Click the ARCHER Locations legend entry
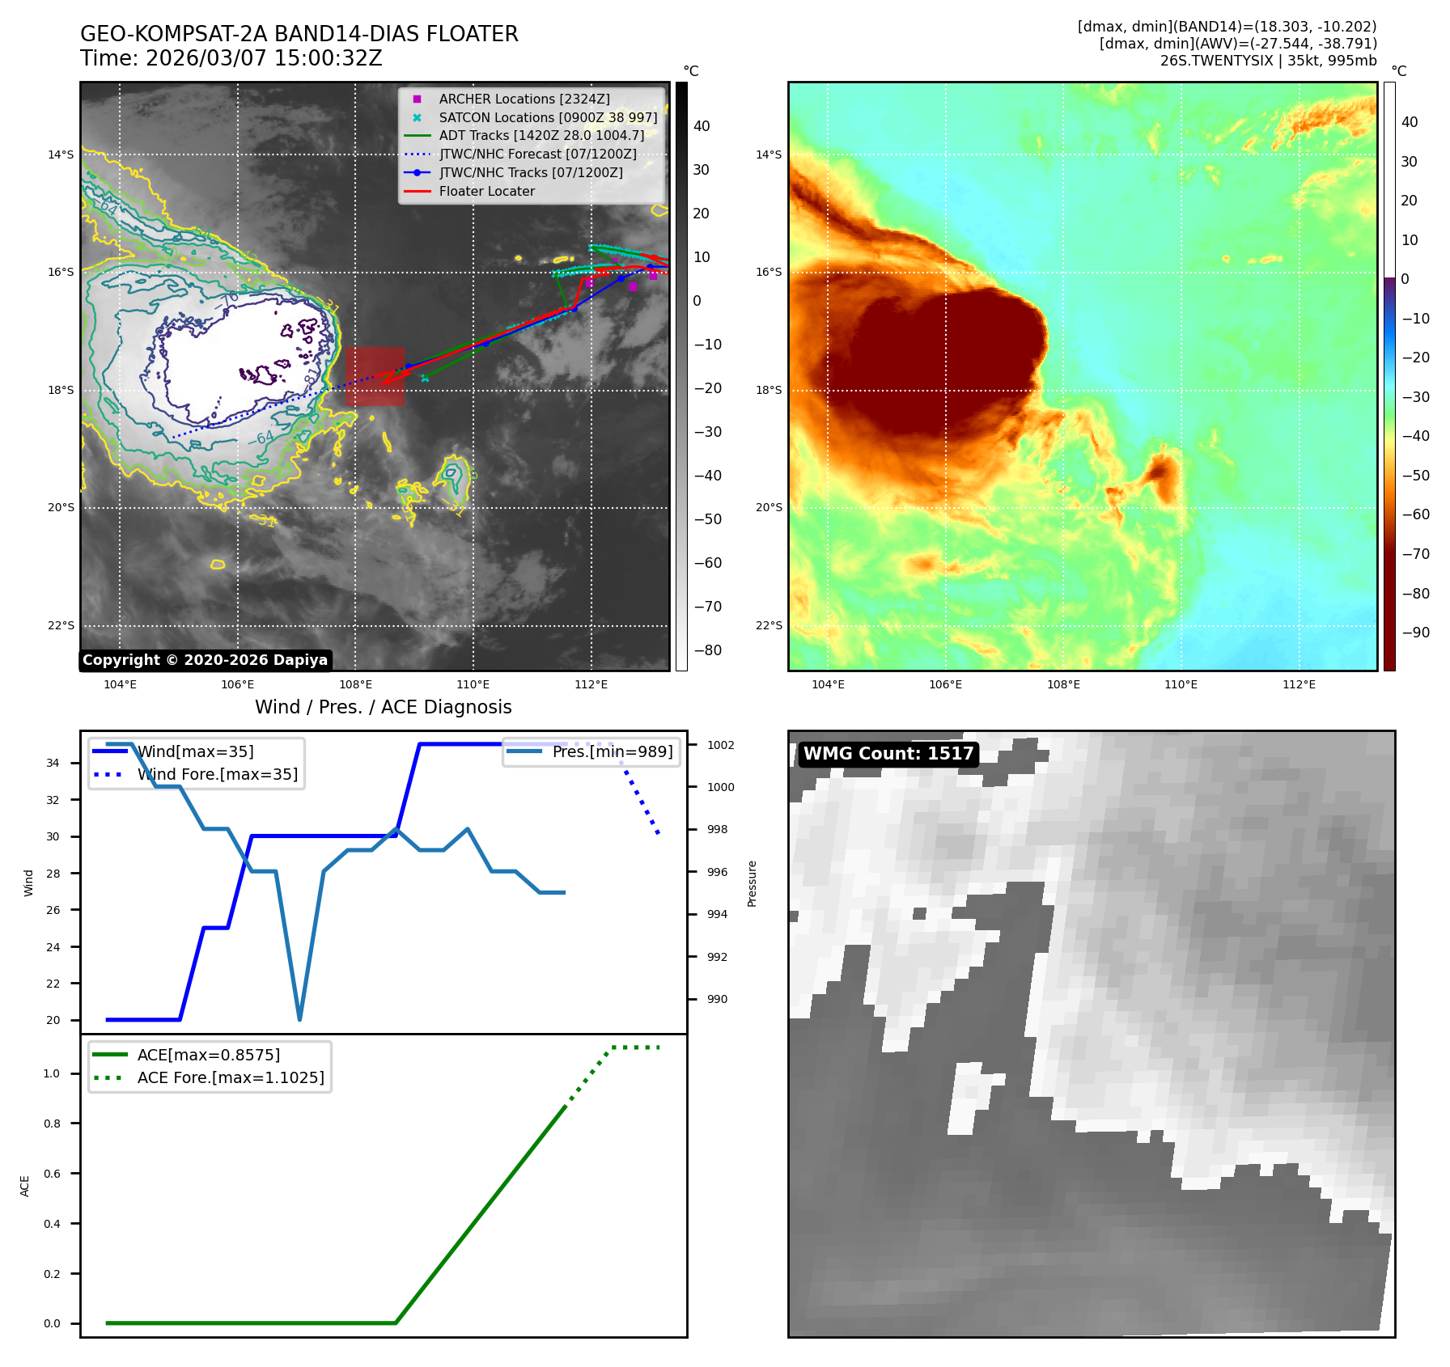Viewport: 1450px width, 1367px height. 524,99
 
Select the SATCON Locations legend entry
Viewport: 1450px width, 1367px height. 547,117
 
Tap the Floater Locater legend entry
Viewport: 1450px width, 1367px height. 486,191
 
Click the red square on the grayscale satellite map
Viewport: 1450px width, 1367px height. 375,376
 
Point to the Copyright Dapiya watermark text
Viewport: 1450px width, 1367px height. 205,660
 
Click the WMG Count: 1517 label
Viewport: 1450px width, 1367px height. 888,754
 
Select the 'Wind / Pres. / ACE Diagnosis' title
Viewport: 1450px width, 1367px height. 383,707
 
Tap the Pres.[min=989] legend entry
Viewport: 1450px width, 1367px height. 612,751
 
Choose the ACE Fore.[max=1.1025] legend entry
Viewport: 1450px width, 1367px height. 230,1077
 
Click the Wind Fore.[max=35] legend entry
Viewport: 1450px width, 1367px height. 217,774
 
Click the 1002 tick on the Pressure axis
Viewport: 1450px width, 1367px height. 720,745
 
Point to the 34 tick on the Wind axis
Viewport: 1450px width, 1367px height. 53,763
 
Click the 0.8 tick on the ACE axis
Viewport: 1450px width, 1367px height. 52,1124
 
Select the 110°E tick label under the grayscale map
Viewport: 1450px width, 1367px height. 473,684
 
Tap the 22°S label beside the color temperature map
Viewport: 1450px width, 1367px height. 769,625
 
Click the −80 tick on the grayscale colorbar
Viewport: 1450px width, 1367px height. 707,650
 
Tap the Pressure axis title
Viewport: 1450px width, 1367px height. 752,883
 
